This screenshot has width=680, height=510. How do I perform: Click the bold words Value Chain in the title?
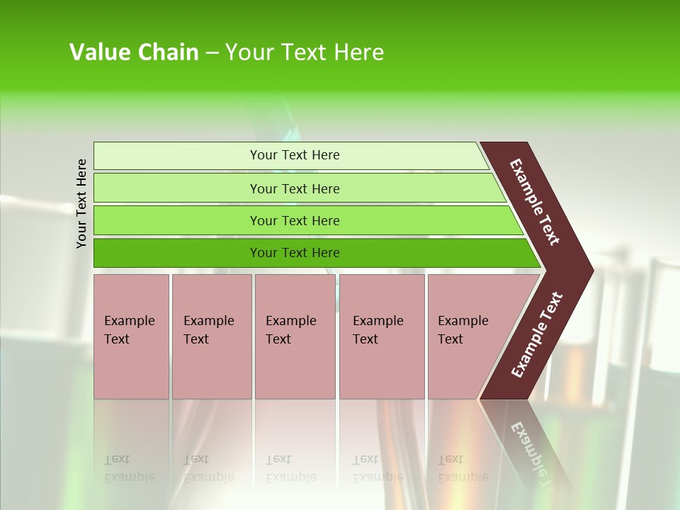pos(134,52)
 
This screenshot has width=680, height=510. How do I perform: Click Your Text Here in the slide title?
pos(305,52)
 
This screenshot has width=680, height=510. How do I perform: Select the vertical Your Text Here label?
pos(81,203)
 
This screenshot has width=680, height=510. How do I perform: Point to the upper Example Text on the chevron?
pos(535,202)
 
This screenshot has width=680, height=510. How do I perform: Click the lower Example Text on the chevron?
pos(537,335)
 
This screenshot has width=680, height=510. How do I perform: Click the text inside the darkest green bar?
pos(295,253)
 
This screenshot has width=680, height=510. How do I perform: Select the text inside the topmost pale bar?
pos(295,155)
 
